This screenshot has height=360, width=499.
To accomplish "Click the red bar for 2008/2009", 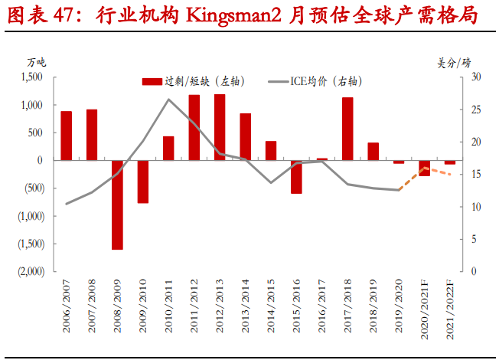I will (x=117, y=205).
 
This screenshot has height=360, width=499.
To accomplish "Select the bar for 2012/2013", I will (x=220, y=127).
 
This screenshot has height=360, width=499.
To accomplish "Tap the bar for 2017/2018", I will (x=347, y=129).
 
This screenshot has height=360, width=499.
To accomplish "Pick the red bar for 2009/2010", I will (x=143, y=182).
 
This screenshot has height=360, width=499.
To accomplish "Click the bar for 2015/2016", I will (x=296, y=176).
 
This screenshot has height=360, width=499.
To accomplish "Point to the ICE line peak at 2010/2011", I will (x=168, y=100).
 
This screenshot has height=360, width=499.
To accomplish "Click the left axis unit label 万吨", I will (x=36, y=61).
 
